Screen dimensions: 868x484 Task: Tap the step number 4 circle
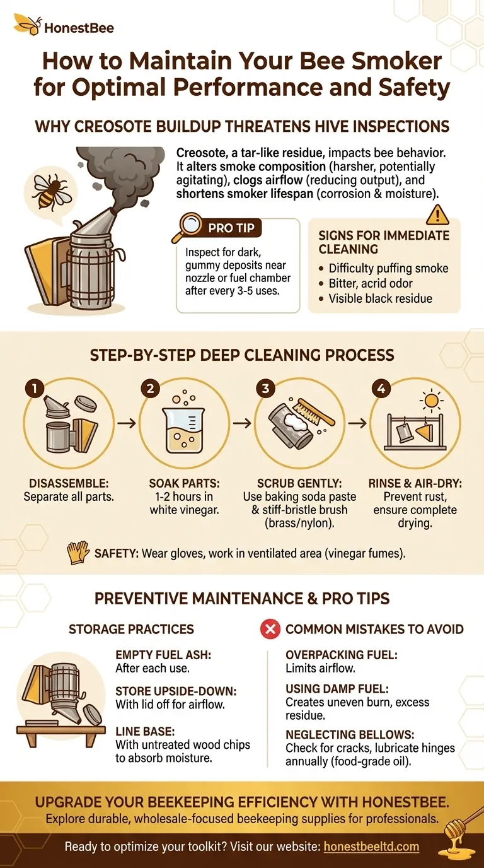click(380, 389)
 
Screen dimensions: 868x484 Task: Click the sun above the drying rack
click(432, 402)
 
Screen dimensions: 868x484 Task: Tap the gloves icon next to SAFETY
click(76, 553)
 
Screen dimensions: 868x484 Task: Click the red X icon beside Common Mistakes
click(270, 628)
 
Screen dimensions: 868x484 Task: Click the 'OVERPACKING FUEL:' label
click(334, 655)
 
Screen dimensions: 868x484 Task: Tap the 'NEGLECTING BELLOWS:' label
click(341, 735)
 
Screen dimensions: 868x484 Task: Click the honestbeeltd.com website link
click(371, 847)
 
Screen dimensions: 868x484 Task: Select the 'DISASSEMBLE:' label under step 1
click(66, 483)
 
